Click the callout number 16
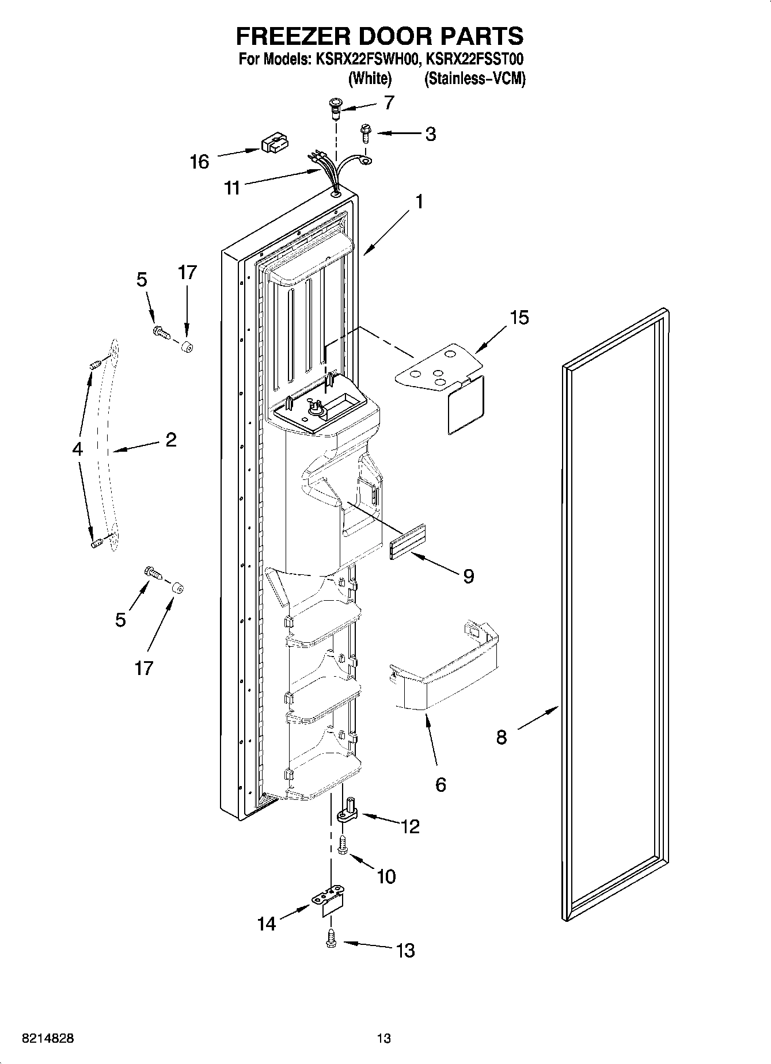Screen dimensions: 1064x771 pos(199,162)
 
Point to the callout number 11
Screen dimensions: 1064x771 pos(232,188)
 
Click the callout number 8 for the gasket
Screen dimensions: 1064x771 pos(502,737)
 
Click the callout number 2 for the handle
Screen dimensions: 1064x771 pos(170,440)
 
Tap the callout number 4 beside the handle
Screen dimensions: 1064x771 pos(78,449)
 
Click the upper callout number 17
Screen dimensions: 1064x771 pos(188,272)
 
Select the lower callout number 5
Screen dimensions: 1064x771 pos(120,620)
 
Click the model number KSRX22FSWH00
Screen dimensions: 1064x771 pos(364,59)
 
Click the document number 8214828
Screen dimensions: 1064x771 pos(48,1039)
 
